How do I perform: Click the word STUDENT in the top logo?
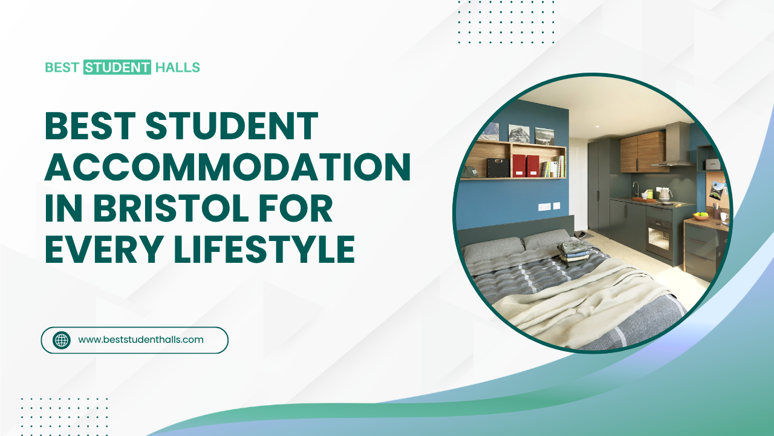click(117, 67)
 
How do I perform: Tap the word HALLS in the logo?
click(177, 67)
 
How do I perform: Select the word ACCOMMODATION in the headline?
click(227, 167)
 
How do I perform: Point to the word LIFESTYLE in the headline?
click(264, 248)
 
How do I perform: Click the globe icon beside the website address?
click(62, 340)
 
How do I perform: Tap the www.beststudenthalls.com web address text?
click(141, 340)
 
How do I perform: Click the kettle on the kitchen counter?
click(665, 194)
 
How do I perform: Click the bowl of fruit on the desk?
click(700, 216)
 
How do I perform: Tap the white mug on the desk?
click(723, 216)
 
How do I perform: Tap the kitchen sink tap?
click(635, 188)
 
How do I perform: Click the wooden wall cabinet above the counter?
click(644, 151)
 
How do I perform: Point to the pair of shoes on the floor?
click(581, 234)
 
